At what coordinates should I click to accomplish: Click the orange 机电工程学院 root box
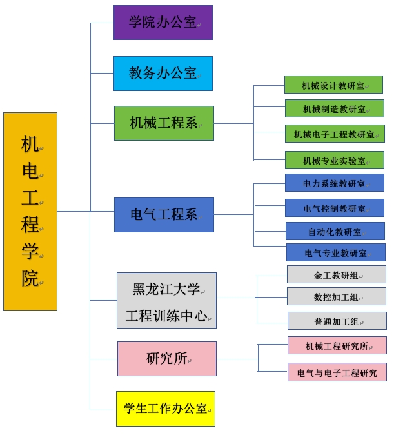pyautogui.click(x=30, y=211)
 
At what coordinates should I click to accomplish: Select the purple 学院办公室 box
pyautogui.click(x=163, y=23)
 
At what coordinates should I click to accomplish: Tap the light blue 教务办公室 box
pyautogui.click(x=163, y=73)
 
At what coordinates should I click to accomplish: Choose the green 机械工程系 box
pyautogui.click(x=164, y=123)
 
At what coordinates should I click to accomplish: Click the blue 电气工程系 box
pyautogui.click(x=164, y=214)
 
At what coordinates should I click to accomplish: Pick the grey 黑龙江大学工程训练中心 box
pyautogui.click(x=166, y=301)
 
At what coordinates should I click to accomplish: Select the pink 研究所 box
pyautogui.click(x=166, y=358)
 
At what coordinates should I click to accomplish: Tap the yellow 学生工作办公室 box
pyautogui.click(x=165, y=408)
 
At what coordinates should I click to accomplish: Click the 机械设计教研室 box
pyautogui.click(x=333, y=85)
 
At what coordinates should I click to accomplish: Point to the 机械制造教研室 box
pyautogui.click(x=334, y=108)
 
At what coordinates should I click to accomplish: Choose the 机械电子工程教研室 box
pyautogui.click(x=335, y=134)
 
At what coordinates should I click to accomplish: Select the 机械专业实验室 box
pyautogui.click(x=334, y=159)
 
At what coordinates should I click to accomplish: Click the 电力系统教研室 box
pyautogui.click(x=334, y=183)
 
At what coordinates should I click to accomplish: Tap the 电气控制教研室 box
pyautogui.click(x=334, y=208)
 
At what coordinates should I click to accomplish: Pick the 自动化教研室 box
pyautogui.click(x=335, y=231)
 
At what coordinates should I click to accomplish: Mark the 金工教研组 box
pyautogui.click(x=336, y=274)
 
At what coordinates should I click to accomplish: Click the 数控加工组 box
pyautogui.click(x=336, y=296)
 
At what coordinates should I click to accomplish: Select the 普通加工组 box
pyautogui.click(x=337, y=321)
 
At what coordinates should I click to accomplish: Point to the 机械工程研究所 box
pyautogui.click(x=337, y=345)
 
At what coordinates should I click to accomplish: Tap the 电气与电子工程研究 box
pyautogui.click(x=337, y=372)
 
